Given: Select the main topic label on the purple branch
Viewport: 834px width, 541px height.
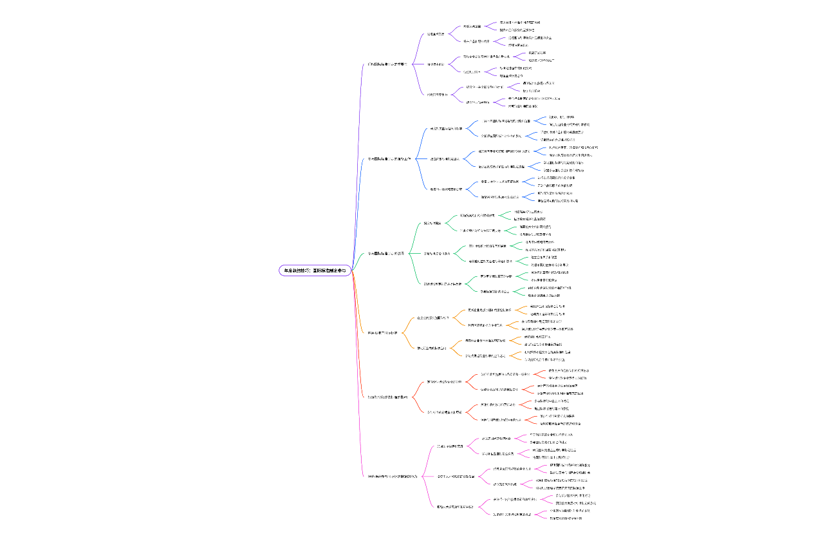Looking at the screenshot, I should (387, 64).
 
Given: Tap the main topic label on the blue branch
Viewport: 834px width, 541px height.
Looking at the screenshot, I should (389, 158).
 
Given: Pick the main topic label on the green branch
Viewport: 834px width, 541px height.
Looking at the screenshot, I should (386, 253).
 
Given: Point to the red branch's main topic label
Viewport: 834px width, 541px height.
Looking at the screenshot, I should (387, 397).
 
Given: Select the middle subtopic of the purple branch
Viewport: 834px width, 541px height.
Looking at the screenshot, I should (436, 64).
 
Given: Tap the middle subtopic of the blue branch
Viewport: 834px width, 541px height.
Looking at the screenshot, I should (445, 158).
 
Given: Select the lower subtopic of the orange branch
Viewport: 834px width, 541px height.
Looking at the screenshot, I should (432, 348).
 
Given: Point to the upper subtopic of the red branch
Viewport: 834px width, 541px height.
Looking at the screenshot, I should (444, 381).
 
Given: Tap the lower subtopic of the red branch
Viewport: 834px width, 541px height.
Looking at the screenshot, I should (445, 412).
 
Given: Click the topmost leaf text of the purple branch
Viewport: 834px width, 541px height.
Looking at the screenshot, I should (520, 22).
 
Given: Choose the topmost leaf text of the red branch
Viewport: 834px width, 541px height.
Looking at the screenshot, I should (568, 370).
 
